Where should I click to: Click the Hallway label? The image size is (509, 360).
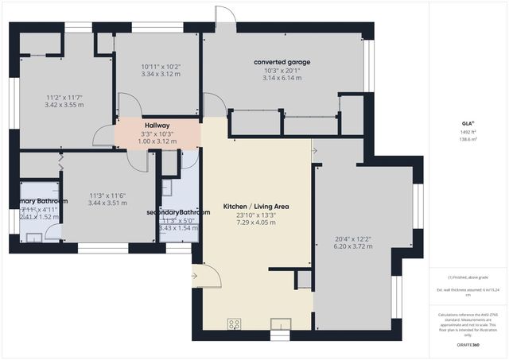[157, 126]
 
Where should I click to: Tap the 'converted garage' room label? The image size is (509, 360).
[282, 62]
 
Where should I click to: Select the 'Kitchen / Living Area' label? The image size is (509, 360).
[255, 206]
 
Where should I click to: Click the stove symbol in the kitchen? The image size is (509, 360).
[235, 323]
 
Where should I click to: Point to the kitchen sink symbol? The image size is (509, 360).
[281, 323]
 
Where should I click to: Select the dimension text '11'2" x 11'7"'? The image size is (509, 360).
[64, 97]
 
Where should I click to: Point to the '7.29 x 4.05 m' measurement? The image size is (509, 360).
[255, 223]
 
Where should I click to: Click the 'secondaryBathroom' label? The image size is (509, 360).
[178, 212]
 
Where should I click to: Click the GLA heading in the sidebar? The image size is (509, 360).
[468, 124]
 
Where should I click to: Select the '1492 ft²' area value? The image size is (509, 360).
[468, 132]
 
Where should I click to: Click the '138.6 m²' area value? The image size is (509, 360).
[468, 139]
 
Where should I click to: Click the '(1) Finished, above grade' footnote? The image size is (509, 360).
[468, 277]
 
